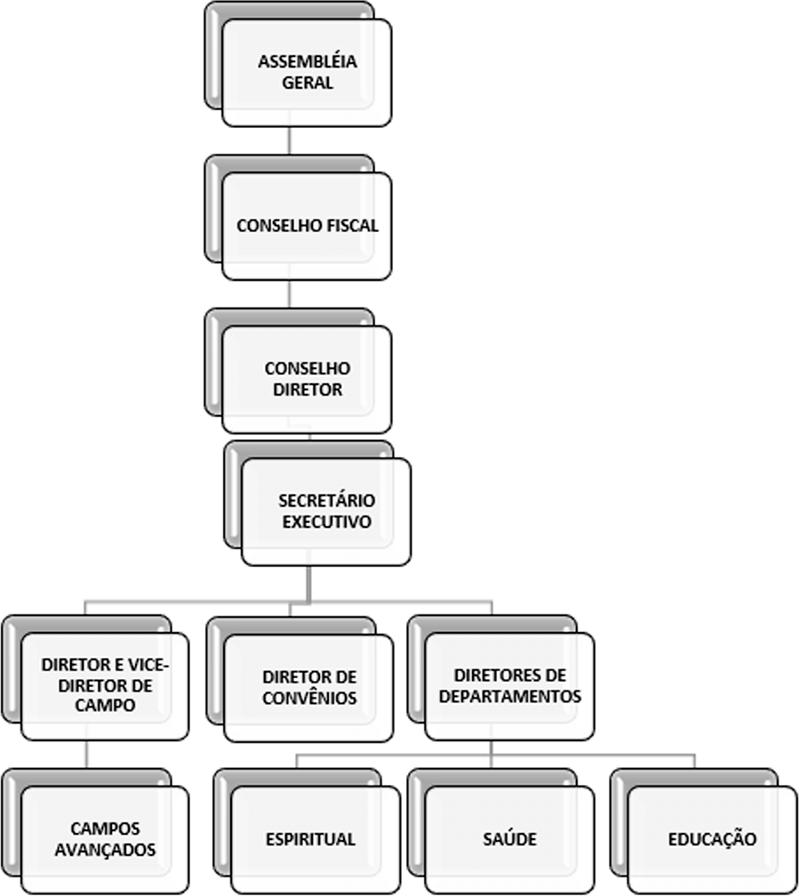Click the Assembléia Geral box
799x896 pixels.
point(307,73)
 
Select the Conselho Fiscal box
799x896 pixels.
point(307,227)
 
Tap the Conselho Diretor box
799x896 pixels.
point(307,380)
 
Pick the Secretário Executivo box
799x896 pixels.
point(326,512)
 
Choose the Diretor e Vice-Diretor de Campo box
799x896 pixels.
point(105,686)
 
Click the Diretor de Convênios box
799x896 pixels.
point(309,688)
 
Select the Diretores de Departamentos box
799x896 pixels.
point(510,686)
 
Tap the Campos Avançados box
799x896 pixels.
point(105,840)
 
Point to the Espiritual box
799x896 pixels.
point(316,840)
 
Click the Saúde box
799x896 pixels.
point(510,840)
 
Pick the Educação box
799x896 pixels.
point(712,840)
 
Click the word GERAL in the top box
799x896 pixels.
point(308,83)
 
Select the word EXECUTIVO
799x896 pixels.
point(327,522)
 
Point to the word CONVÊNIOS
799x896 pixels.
point(310,698)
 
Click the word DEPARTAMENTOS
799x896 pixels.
point(510,697)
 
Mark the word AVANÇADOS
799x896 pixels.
point(105,850)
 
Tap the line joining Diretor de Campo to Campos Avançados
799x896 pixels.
point(87,755)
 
